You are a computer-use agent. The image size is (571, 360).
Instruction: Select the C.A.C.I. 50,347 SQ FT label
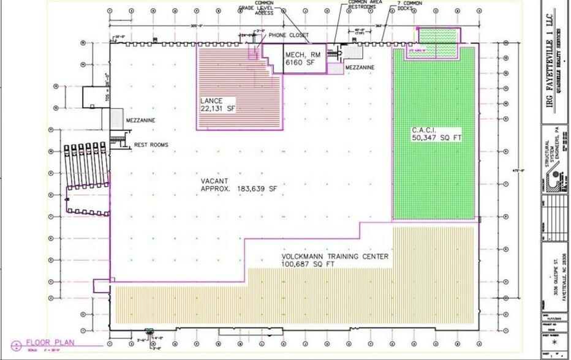(436, 134)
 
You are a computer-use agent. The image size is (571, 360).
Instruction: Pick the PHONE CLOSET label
(289, 35)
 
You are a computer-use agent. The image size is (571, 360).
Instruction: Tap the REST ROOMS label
(151, 145)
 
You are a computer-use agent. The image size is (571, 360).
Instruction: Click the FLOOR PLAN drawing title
(50, 343)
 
